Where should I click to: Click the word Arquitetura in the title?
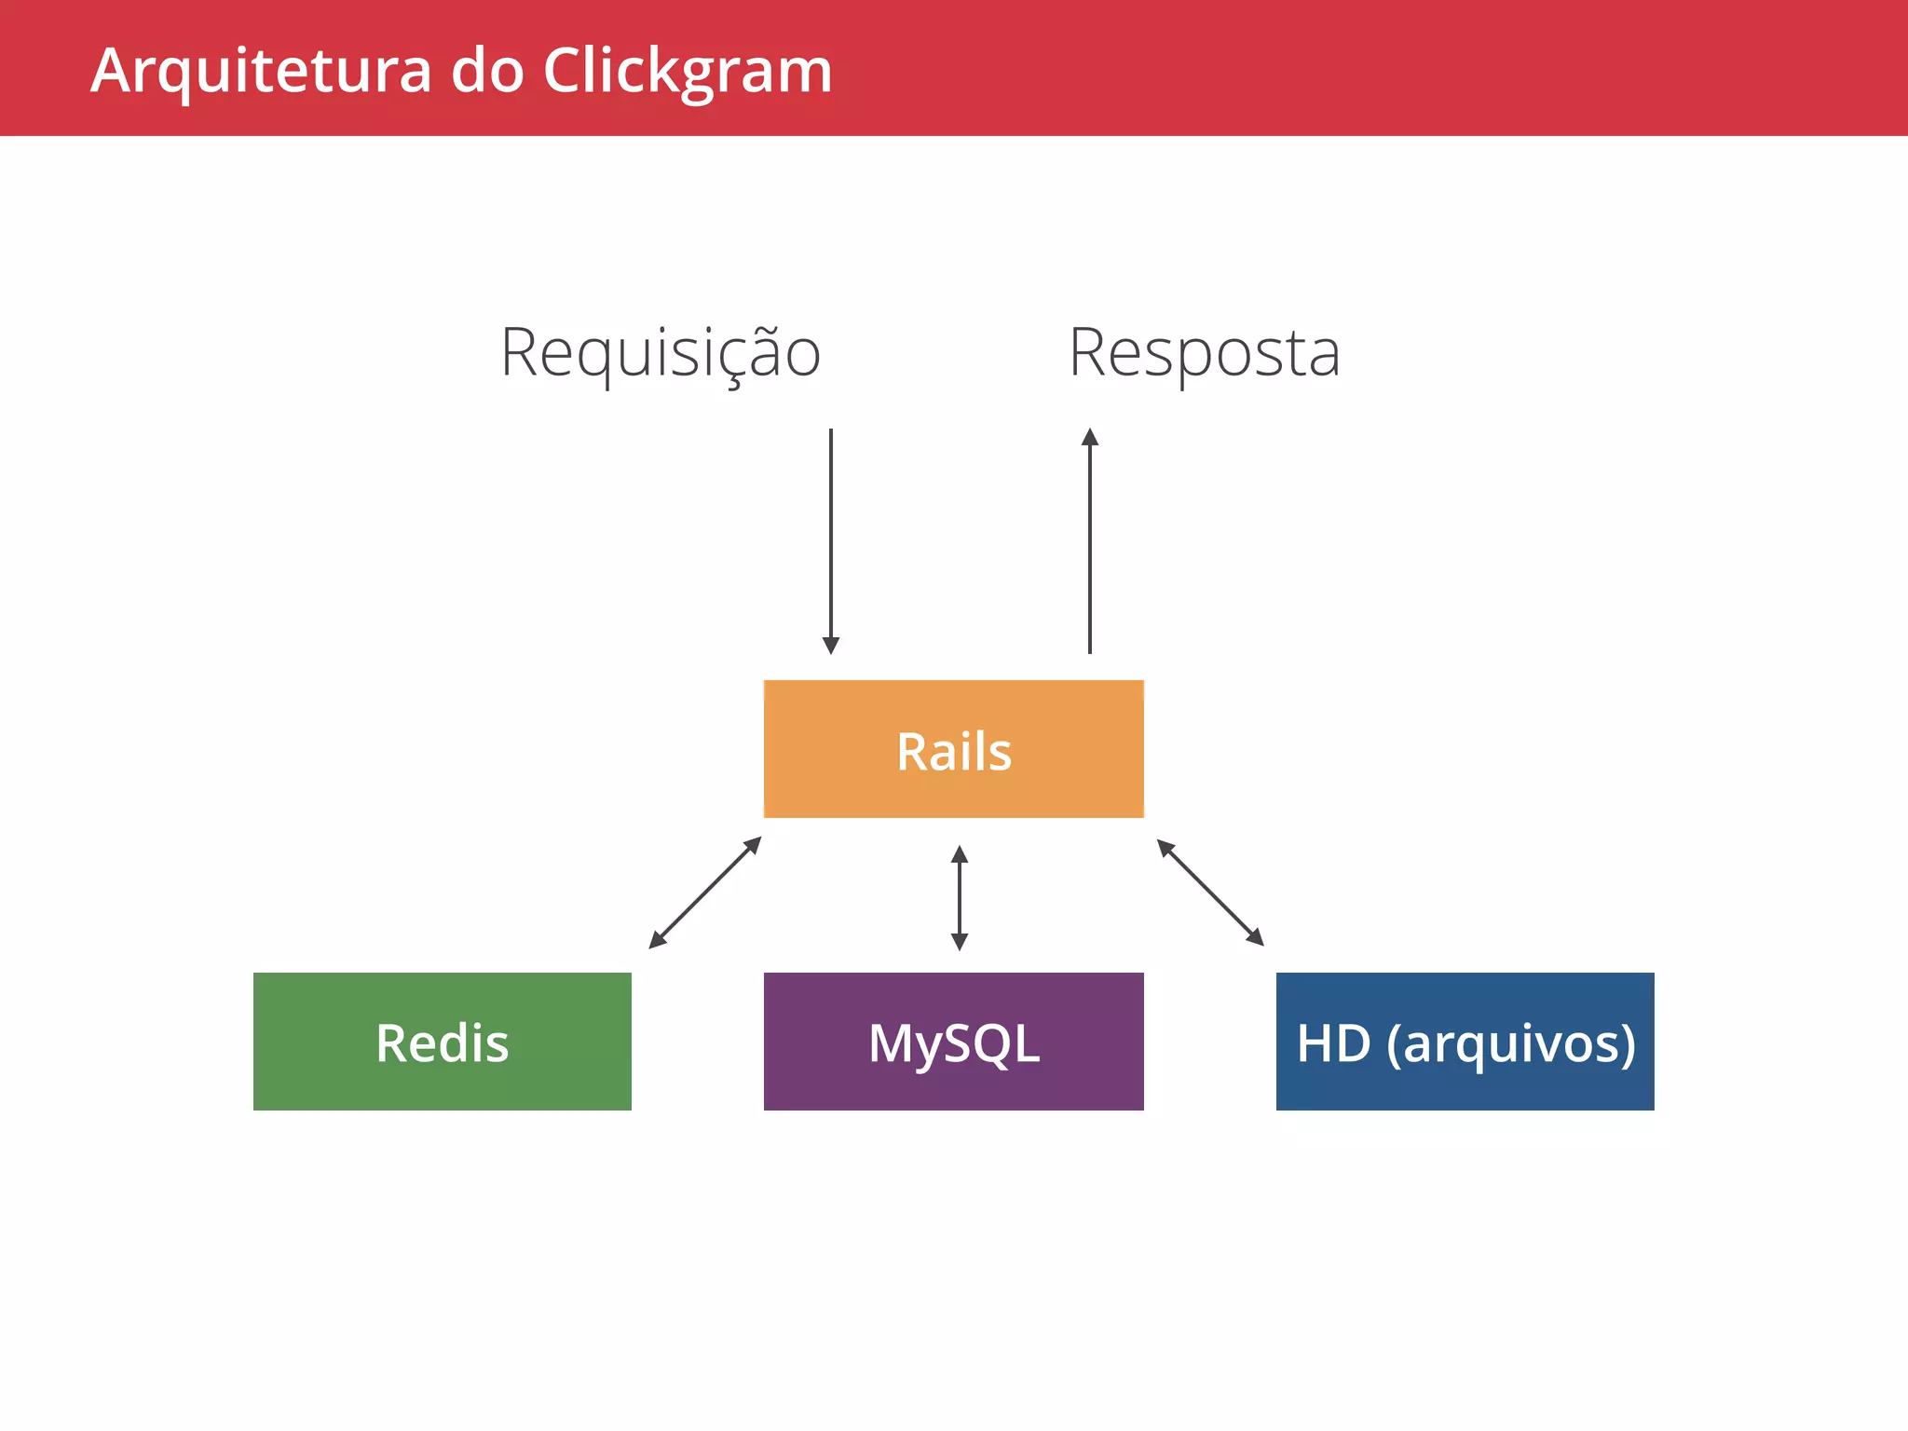(x=261, y=71)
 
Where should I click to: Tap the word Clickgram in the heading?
(x=687, y=71)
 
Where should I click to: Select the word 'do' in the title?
(x=487, y=71)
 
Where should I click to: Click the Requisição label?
(x=661, y=353)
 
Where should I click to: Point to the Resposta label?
(x=1204, y=353)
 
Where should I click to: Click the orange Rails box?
(x=953, y=749)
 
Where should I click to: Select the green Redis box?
(x=442, y=1042)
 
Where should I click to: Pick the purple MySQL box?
(x=953, y=1042)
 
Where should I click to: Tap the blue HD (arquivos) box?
(x=1465, y=1042)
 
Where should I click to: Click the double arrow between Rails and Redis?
(x=705, y=893)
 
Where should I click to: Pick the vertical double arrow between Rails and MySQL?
(x=960, y=897)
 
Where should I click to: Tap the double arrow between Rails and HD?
(x=1210, y=893)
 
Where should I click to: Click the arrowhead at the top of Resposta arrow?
(x=1090, y=437)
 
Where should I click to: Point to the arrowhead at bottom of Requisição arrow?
(x=831, y=646)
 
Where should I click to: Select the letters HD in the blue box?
(x=1333, y=1043)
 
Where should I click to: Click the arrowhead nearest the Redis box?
(x=657, y=941)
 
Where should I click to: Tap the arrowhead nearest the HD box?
(x=1256, y=938)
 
